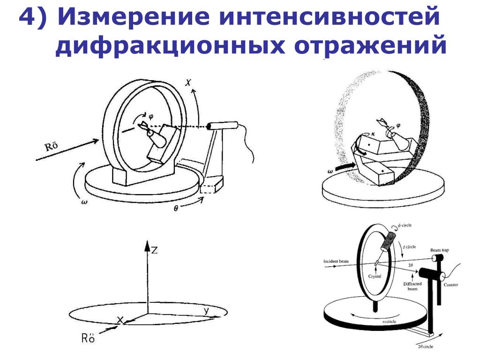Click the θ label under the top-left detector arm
pos(176,209)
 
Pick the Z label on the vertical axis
pos(154,250)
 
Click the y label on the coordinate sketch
pos(206,310)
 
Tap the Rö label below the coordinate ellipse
pos(88,338)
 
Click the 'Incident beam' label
pos(337,261)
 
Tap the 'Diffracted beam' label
pos(413,286)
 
